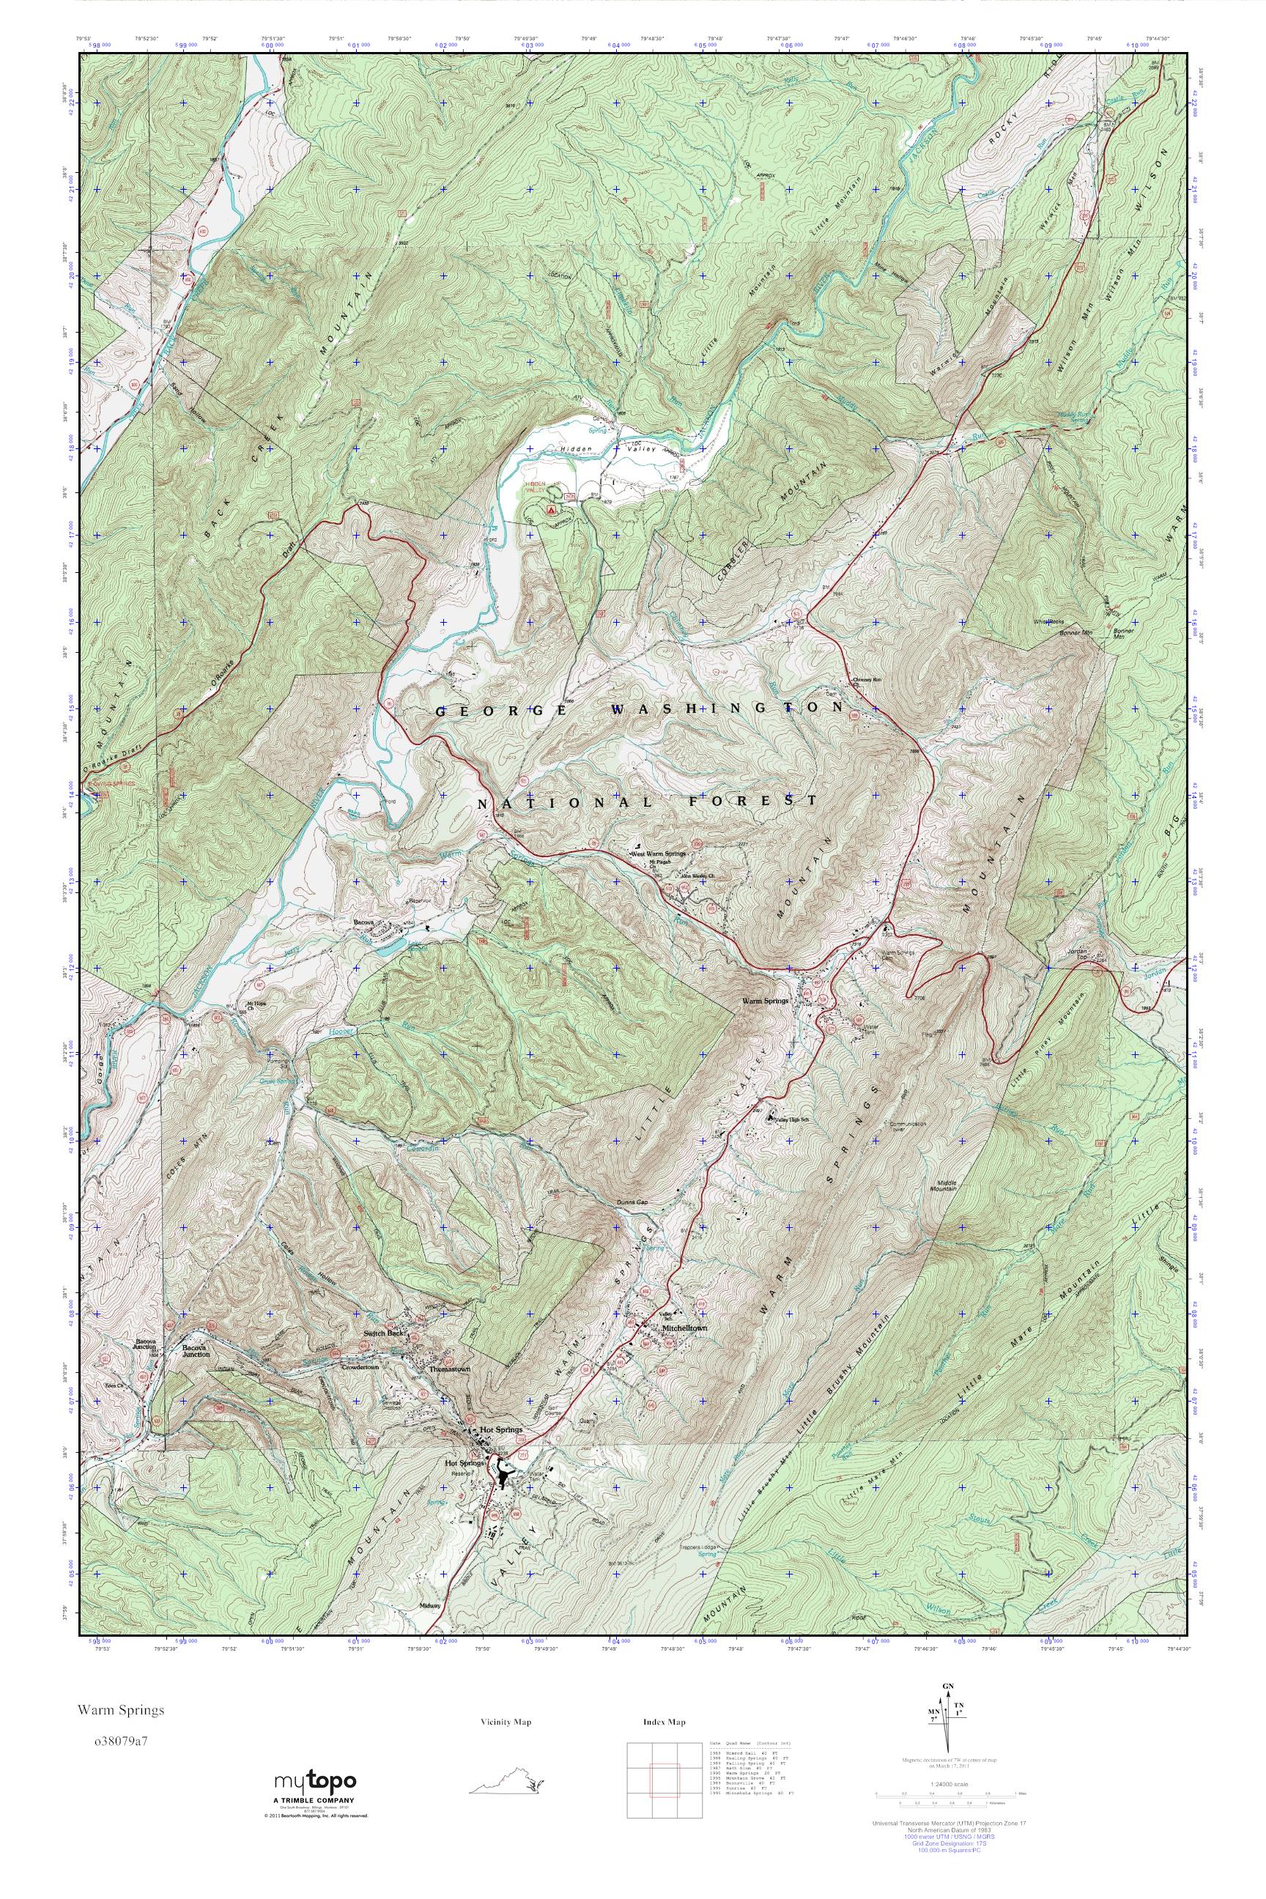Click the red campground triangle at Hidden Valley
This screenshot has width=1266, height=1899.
551,510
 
